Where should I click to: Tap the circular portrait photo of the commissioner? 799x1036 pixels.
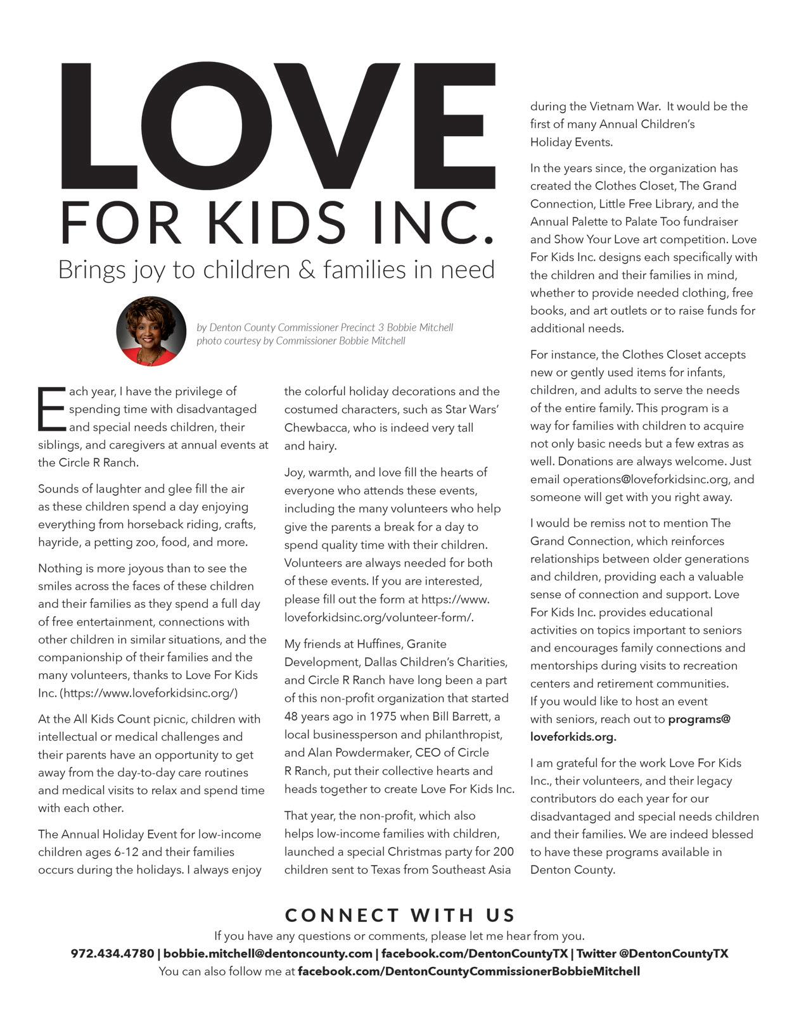pyautogui.click(x=151, y=331)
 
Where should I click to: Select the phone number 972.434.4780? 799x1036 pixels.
pyautogui.click(x=112, y=954)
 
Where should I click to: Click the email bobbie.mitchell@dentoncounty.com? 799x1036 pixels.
pyautogui.click(x=268, y=954)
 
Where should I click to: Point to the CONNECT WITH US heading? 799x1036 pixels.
pyautogui.click(x=400, y=915)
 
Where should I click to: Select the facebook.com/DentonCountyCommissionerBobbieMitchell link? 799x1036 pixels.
pyautogui.click(x=469, y=971)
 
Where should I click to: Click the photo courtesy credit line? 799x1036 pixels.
pyautogui.click(x=300, y=341)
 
